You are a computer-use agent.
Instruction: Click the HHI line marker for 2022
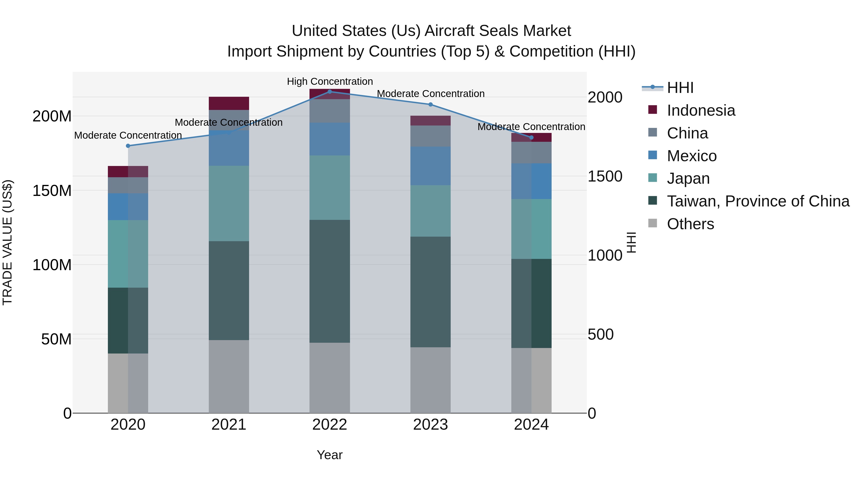coord(330,91)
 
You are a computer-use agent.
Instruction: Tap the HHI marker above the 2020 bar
coord(128,146)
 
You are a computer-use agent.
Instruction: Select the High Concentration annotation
coord(330,81)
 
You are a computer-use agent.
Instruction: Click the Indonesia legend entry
coord(701,110)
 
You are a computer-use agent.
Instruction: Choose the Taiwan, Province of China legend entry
coord(758,201)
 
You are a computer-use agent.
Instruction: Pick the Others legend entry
coord(690,224)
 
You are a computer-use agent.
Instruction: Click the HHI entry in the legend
coord(680,88)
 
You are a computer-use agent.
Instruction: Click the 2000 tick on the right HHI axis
coord(605,97)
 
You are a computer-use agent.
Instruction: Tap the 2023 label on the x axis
coord(431,425)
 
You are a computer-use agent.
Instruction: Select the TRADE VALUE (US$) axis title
coord(7,242)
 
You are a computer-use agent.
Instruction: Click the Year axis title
coord(330,455)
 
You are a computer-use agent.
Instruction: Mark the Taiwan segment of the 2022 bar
coord(330,281)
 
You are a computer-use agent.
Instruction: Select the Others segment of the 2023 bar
coord(431,380)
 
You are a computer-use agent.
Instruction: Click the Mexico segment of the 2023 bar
coord(431,166)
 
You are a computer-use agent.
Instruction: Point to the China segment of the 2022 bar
coord(330,111)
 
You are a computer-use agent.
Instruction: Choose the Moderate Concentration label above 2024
coord(531,127)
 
